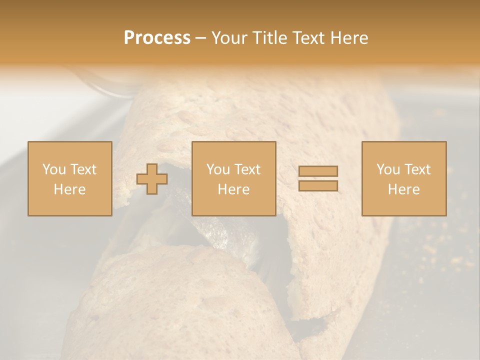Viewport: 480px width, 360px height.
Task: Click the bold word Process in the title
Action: tap(157, 38)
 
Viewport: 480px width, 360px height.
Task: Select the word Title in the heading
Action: tap(269, 38)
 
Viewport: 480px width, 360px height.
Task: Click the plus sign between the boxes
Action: tap(152, 179)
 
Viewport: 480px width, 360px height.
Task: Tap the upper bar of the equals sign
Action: tap(318, 171)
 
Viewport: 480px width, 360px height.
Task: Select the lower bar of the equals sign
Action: tap(318, 186)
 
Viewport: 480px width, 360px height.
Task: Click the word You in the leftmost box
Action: tap(54, 169)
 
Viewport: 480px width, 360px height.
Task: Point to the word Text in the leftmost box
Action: tap(83, 169)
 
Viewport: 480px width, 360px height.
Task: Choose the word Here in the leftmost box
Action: tap(69, 189)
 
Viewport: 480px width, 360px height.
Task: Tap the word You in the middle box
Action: tap(218, 169)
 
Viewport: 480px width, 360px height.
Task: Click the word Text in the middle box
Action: tap(247, 169)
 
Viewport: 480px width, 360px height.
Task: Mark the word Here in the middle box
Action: tap(233, 189)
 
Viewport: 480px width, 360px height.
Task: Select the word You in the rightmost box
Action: tap(388, 169)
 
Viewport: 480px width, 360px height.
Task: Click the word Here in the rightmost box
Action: tap(403, 189)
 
